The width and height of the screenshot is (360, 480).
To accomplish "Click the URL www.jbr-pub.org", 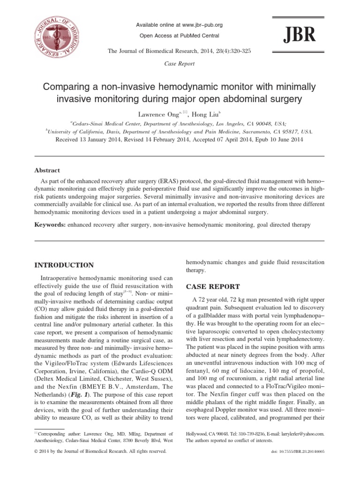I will point(199,25).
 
